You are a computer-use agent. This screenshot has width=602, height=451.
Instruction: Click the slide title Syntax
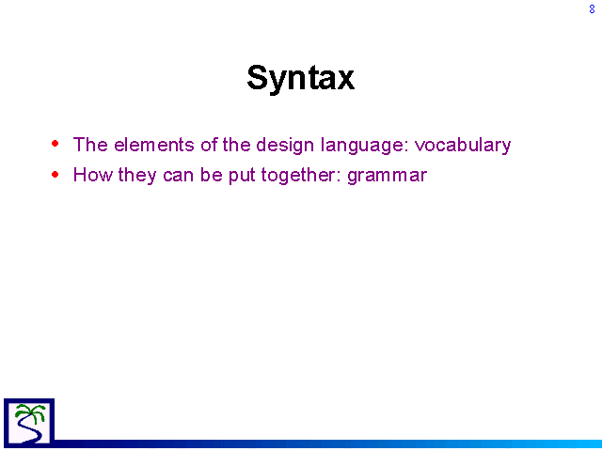click(301, 78)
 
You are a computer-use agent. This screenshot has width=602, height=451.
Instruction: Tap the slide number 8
click(592, 8)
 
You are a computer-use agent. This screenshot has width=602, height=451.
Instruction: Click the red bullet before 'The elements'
click(55, 144)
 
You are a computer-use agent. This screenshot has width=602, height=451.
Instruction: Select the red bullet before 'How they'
click(55, 175)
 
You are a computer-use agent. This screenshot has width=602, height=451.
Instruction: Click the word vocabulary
click(463, 146)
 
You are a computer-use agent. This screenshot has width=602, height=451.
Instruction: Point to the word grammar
click(387, 176)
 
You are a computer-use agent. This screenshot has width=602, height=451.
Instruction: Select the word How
click(93, 175)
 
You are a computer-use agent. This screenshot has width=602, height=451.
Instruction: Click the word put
click(242, 176)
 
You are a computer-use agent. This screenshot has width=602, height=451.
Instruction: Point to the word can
click(178, 176)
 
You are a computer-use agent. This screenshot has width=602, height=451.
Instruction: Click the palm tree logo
click(29, 423)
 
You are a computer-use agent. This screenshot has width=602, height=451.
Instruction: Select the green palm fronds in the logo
click(31, 412)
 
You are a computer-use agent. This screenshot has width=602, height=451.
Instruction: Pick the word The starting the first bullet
click(90, 145)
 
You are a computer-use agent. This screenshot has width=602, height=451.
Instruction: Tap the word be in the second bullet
click(211, 175)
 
